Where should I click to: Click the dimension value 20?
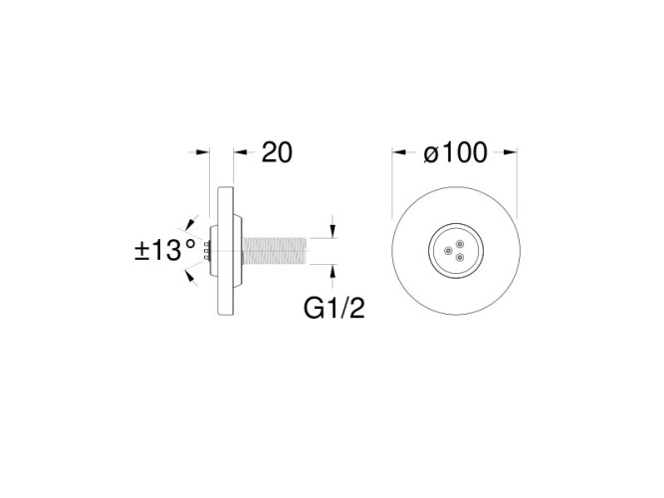click(x=276, y=152)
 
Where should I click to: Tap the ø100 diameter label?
click(x=454, y=152)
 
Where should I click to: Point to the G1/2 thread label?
click(x=333, y=309)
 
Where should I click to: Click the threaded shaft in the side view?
click(x=279, y=250)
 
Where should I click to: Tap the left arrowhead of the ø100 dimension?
click(x=398, y=152)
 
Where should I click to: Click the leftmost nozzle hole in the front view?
click(x=448, y=249)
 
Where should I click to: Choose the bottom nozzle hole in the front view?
click(x=459, y=256)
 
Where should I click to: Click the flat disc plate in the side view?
click(x=220, y=250)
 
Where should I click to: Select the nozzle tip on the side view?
click(x=207, y=250)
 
